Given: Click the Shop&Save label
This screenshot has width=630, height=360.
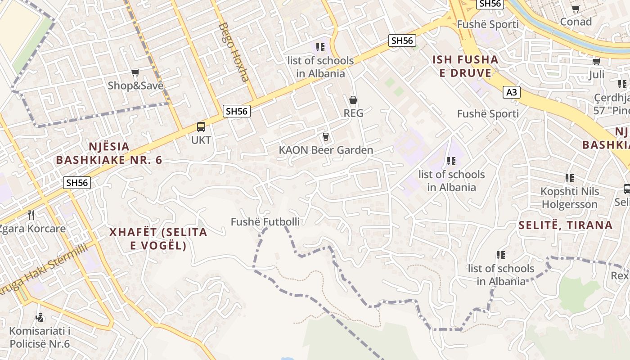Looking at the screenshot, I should click(135, 85).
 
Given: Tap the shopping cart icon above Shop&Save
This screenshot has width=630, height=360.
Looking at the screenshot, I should click(135, 72).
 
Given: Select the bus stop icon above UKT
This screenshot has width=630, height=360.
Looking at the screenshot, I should click(201, 127).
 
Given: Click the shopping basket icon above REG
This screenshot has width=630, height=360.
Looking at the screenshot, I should click(353, 100).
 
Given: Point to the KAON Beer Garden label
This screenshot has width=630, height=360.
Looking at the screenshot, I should click(326, 150).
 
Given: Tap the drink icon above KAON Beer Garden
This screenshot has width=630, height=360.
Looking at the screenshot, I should click(326, 137).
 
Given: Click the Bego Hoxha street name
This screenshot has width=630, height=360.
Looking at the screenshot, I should click(233, 52).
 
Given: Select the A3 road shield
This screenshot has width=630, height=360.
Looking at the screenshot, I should click(512, 93).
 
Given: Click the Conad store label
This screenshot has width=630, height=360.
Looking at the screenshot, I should click(576, 22).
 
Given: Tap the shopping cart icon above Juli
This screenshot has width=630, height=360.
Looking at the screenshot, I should click(597, 61).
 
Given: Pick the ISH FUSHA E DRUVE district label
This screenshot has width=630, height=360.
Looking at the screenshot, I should click(465, 66).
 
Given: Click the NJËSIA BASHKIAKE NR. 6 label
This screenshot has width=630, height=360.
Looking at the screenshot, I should click(109, 153).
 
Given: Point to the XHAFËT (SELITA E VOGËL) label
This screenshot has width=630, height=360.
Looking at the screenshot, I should click(158, 238).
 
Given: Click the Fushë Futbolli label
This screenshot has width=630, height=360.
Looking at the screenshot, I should click(265, 221).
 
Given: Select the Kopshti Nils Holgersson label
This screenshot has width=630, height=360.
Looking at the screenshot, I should click(569, 198).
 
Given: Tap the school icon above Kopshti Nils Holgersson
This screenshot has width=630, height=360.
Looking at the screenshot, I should click(570, 178).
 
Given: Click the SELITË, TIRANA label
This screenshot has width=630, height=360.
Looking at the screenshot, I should click(565, 225).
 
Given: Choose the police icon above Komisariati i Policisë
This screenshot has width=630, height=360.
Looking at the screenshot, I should click(40, 318).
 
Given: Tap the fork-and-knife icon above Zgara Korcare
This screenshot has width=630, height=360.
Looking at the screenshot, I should click(31, 215).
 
